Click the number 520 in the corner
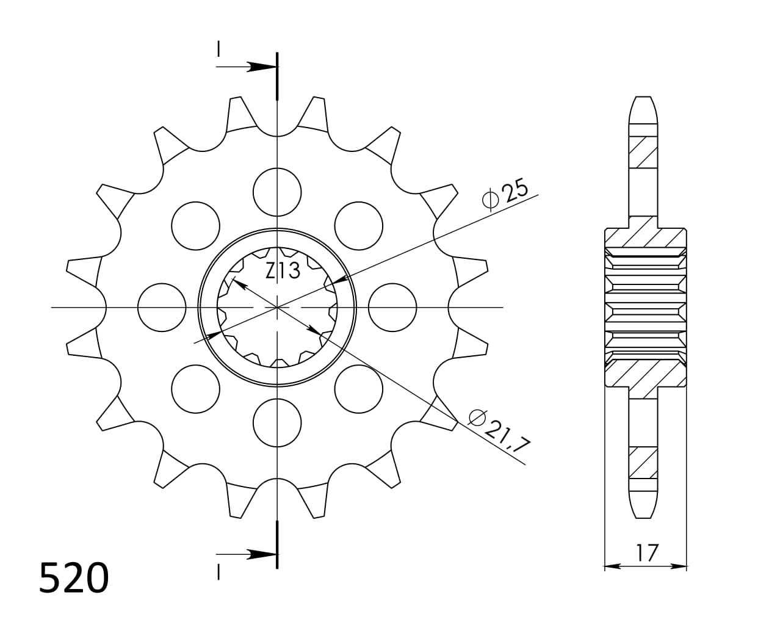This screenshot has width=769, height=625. click(74, 578)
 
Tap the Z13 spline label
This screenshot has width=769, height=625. click(283, 270)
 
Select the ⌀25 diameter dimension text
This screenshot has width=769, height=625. click(505, 195)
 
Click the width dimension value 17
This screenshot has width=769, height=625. click(646, 553)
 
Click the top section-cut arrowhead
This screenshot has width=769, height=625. click(261, 66)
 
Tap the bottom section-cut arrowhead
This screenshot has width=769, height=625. click(261, 554)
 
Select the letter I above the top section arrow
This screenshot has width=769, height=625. click(218, 49)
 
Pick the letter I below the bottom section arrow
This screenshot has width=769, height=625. click(218, 571)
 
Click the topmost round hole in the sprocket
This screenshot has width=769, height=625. click(278, 192)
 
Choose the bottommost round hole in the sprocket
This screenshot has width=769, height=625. click(278, 422)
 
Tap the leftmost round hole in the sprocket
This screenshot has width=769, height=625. click(162, 308)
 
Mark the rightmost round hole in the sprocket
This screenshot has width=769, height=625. click(393, 308)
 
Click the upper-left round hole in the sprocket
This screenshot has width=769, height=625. click(195, 225)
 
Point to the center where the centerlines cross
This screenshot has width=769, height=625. click(278, 308)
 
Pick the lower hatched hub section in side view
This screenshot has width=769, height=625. click(644, 373)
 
